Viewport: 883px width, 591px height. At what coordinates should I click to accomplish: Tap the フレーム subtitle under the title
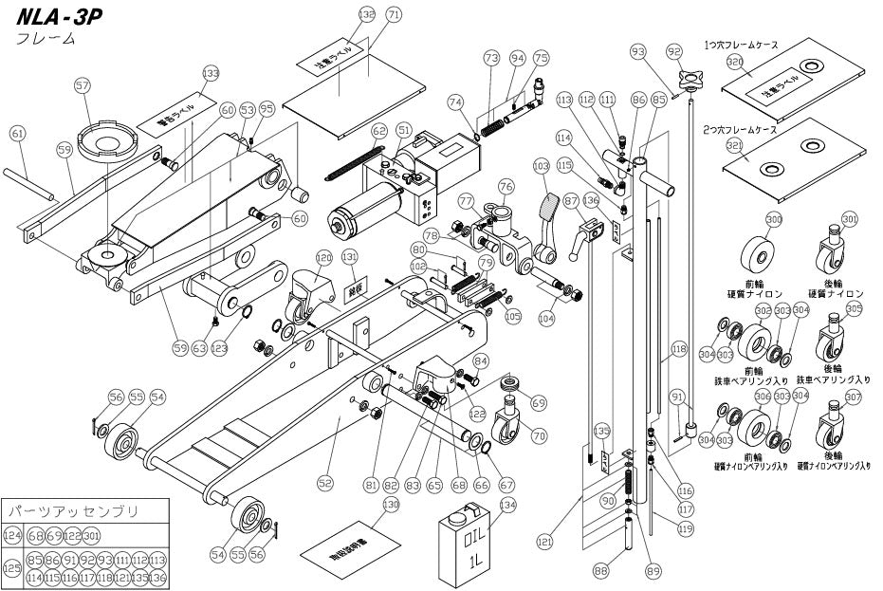pos(46,39)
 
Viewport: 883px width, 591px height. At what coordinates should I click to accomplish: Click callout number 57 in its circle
pos(83,86)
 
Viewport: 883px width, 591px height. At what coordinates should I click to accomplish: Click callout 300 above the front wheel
pos(774,219)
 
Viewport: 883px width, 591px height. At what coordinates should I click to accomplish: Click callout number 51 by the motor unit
pos(404,130)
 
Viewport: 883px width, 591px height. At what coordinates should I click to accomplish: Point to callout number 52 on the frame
pos(325,483)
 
